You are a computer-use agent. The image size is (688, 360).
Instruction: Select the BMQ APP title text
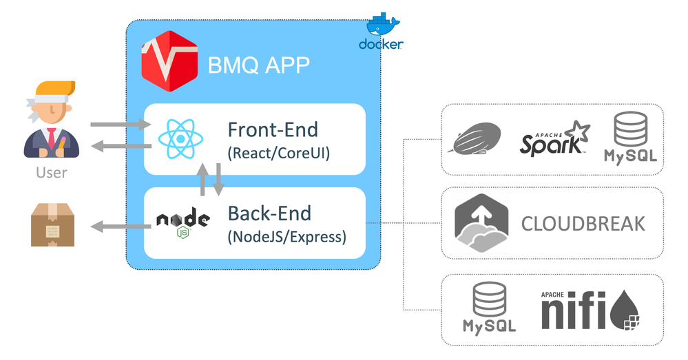coord(259,65)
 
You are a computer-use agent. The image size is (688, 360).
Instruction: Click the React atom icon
coord(180,138)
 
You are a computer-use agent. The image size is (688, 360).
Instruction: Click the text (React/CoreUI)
coord(279,153)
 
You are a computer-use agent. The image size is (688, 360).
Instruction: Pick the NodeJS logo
coord(183,224)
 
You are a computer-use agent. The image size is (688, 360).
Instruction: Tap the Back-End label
coord(269,213)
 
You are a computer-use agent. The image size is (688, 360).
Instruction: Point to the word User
coord(52,172)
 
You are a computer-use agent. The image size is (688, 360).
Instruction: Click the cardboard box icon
coord(52,224)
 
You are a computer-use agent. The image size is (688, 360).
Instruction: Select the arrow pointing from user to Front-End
coord(120,125)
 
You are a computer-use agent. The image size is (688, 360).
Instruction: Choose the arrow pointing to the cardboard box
coord(121,226)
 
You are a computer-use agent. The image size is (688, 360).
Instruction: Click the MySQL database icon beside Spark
coord(630,137)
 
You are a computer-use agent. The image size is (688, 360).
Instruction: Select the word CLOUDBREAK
coord(583,224)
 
